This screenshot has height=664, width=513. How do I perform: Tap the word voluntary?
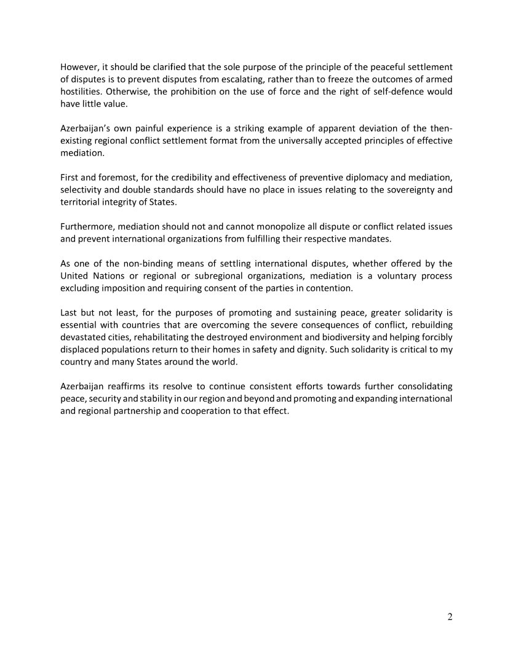point(383,276)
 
